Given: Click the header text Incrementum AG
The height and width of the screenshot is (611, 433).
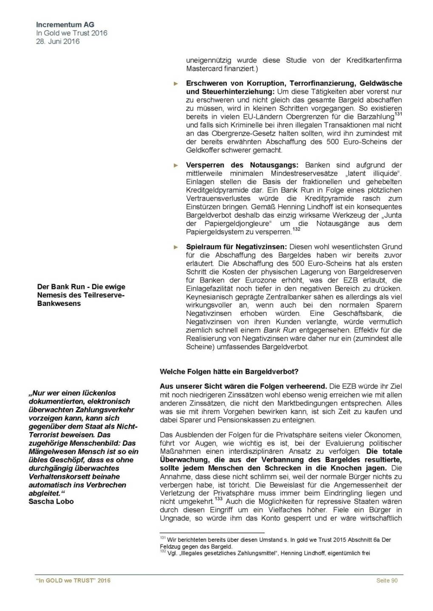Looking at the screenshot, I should coord(65,25).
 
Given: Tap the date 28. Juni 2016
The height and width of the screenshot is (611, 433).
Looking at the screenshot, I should coord(57,42).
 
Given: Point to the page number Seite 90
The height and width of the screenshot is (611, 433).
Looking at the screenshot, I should coord(387,580).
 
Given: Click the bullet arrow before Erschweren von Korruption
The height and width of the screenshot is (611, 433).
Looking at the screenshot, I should coord(176,84).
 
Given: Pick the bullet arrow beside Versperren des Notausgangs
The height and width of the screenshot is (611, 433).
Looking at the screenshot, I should coord(176,165).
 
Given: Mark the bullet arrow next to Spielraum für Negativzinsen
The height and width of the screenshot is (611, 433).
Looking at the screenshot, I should coord(176,247).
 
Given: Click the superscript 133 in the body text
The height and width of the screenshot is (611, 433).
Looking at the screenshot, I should coord(218,499).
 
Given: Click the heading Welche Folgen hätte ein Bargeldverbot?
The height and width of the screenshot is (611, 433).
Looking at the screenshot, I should coord(229,372).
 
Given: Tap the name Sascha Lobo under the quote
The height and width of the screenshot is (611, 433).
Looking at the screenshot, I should coord(51,502).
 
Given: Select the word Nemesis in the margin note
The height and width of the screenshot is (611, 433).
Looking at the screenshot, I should coord(52,295).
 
